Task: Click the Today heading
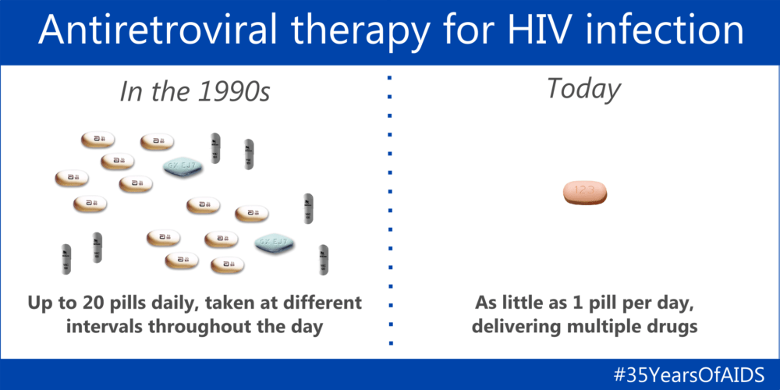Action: coord(583,89)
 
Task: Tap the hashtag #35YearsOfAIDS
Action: coord(690,374)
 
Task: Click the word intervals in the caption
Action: coord(108,325)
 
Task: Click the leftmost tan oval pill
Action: coord(71,178)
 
